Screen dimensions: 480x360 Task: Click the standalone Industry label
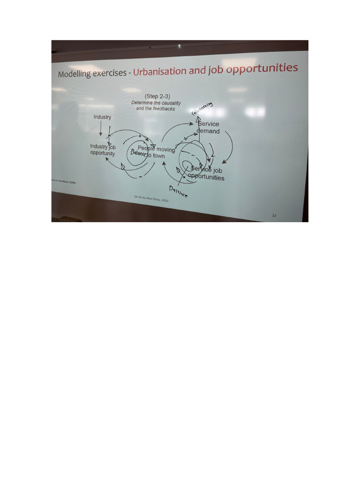click(x=102, y=117)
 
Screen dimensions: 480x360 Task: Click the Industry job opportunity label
click(x=103, y=150)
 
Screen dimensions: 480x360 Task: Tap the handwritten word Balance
click(x=139, y=154)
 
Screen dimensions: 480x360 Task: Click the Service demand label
click(x=208, y=127)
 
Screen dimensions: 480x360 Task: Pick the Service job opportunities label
click(x=206, y=173)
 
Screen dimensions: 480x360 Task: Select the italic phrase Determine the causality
click(x=156, y=103)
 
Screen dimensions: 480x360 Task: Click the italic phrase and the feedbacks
click(x=156, y=108)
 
